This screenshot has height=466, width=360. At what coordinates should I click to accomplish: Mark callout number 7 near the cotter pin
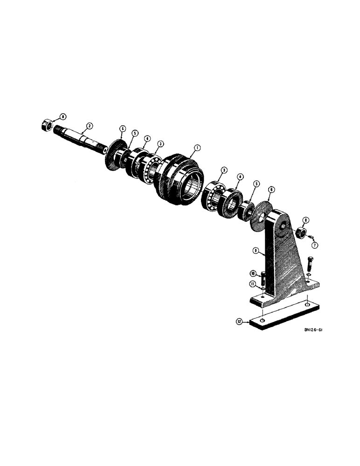(x=315, y=245)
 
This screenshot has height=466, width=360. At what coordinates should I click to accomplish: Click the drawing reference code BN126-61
(x=314, y=329)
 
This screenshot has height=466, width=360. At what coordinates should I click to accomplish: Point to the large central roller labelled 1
(x=180, y=179)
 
